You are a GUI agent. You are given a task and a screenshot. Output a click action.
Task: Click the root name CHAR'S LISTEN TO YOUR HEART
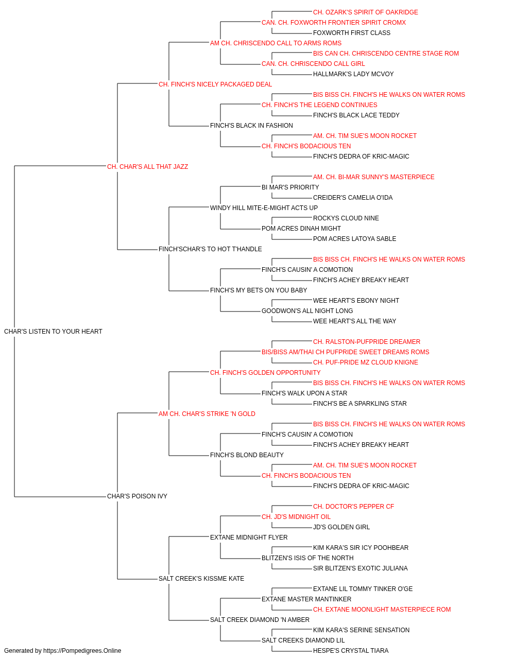[53, 332]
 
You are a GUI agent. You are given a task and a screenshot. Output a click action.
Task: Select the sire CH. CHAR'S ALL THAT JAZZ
[147, 167]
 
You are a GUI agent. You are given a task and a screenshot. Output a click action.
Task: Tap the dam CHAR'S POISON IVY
[137, 496]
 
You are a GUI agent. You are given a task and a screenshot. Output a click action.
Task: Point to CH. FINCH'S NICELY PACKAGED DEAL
[215, 84]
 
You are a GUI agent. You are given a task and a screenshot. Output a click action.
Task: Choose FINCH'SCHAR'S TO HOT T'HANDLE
[210, 249]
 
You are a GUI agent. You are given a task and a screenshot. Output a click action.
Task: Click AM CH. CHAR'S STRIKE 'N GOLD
[207, 414]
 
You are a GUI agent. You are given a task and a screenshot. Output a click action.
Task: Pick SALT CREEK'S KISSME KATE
[201, 579]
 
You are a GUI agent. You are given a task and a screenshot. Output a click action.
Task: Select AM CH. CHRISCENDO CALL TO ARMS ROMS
[276, 43]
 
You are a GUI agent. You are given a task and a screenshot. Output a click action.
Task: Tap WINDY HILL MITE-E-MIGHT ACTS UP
[264, 208]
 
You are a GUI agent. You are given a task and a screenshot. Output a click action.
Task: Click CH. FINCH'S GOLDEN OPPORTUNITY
[265, 373]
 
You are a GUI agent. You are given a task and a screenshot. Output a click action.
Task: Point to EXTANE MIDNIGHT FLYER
[249, 537]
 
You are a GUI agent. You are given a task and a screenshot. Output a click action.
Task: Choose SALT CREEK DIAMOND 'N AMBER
[260, 620]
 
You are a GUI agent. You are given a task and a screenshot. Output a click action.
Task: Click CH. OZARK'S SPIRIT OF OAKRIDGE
[366, 12]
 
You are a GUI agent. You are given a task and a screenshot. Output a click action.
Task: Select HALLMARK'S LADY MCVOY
[353, 74]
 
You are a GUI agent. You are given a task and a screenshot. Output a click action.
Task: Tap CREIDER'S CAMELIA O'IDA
[353, 198]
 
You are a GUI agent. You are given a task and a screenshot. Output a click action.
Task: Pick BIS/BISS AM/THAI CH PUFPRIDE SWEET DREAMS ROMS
[346, 352]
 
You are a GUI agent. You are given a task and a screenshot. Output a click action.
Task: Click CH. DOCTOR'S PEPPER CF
[353, 507]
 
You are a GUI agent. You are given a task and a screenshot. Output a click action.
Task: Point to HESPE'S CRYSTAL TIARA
[351, 651]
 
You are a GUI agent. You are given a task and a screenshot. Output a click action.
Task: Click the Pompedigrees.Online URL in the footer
[82, 651]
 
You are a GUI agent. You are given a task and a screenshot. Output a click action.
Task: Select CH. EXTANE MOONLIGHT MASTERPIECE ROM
[382, 610]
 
